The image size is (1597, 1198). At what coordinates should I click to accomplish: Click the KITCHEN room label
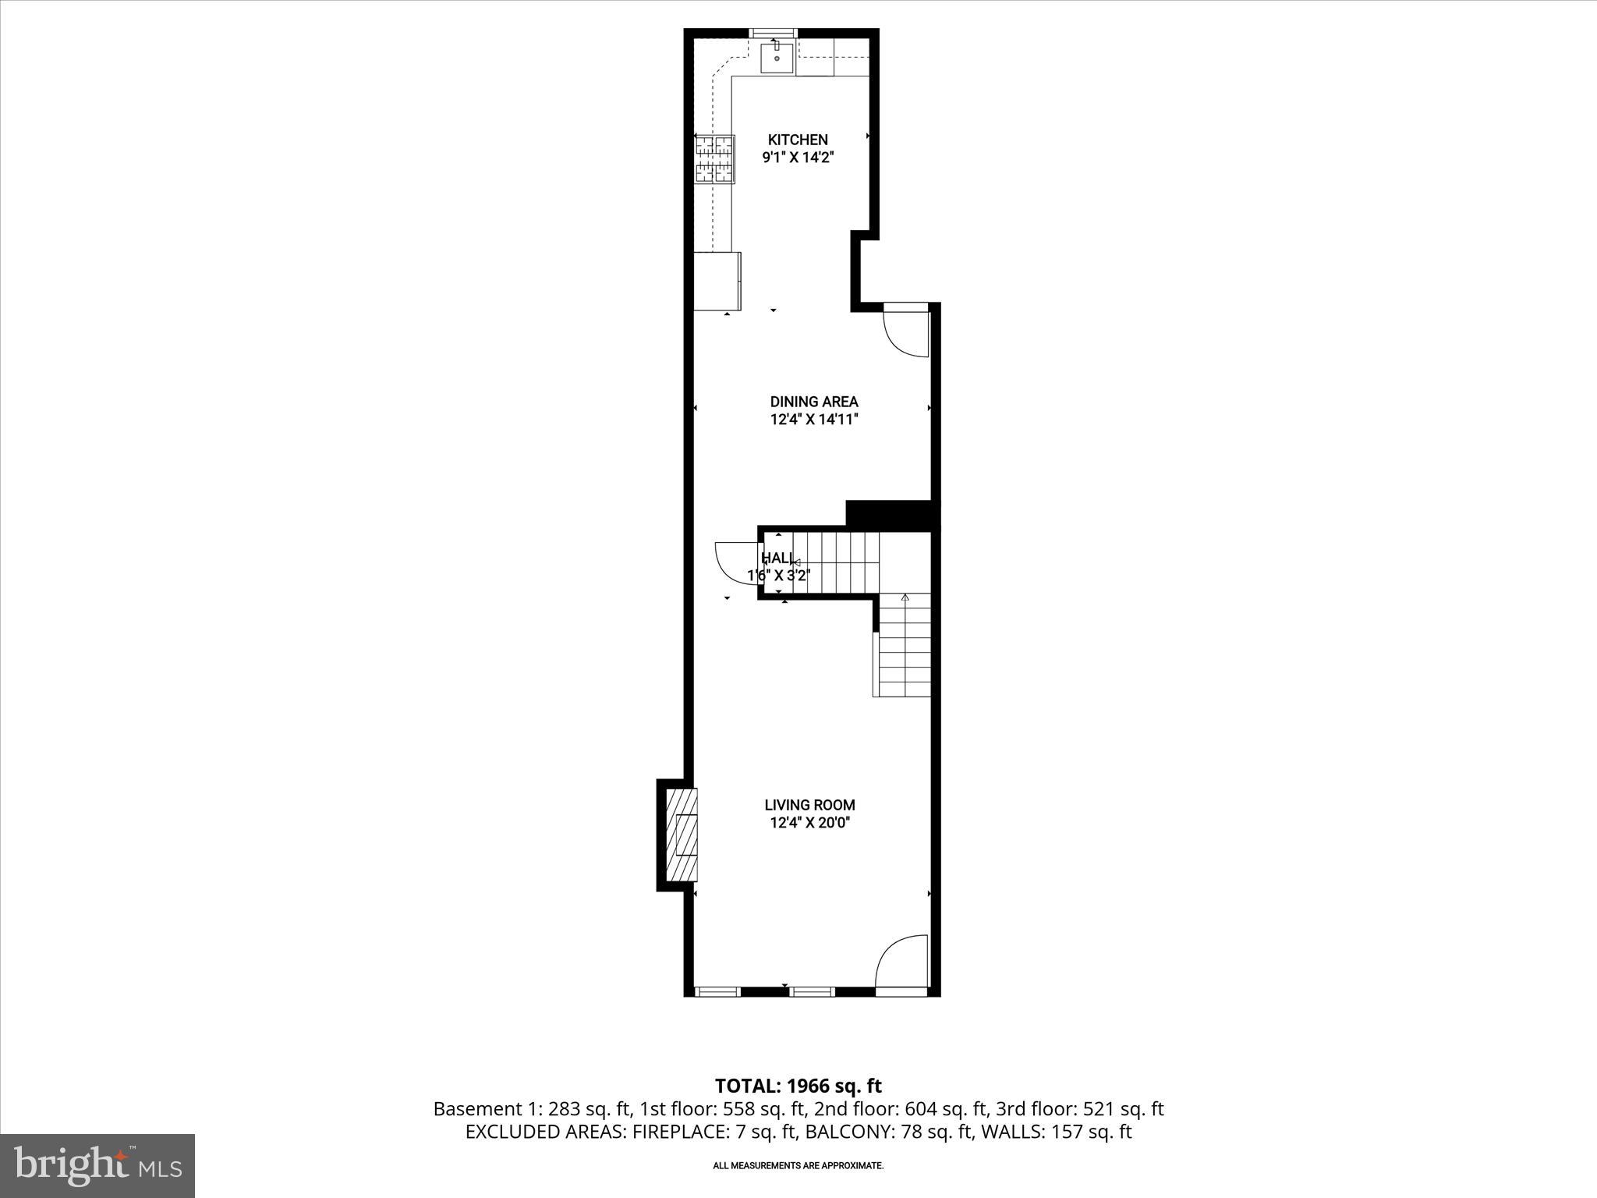click(798, 140)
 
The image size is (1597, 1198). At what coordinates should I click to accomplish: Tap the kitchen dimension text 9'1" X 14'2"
click(798, 157)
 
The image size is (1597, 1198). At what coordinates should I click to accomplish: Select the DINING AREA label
click(814, 402)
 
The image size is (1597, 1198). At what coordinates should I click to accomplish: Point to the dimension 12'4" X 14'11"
click(814, 420)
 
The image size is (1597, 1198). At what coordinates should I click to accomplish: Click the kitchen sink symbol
click(777, 58)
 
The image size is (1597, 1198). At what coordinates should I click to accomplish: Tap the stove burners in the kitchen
click(715, 160)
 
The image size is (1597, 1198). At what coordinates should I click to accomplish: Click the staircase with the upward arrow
click(905, 646)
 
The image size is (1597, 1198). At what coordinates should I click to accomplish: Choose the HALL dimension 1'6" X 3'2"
click(779, 576)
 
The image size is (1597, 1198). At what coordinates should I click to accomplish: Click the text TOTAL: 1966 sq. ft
click(798, 1086)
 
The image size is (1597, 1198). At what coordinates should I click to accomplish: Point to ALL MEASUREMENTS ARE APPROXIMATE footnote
click(798, 1165)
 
